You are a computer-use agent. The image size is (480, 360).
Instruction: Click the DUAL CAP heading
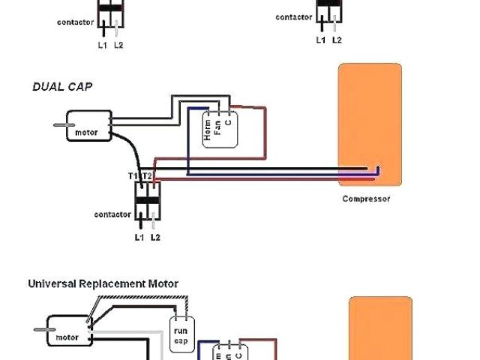62,86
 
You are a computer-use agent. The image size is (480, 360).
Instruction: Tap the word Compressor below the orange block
367,199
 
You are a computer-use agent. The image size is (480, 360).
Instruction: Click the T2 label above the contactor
147,175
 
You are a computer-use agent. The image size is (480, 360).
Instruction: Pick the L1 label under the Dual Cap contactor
139,238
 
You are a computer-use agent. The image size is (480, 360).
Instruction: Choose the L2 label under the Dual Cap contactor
155,238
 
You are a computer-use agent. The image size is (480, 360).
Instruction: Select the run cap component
181,332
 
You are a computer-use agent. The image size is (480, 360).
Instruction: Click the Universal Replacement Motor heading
103,284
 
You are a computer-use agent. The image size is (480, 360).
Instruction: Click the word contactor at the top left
76,22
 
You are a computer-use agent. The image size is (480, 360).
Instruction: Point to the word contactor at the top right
294,16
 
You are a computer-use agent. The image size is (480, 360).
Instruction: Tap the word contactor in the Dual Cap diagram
112,214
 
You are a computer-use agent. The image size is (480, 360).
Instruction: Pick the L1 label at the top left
103,45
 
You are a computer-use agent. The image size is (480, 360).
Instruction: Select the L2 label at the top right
337,40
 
